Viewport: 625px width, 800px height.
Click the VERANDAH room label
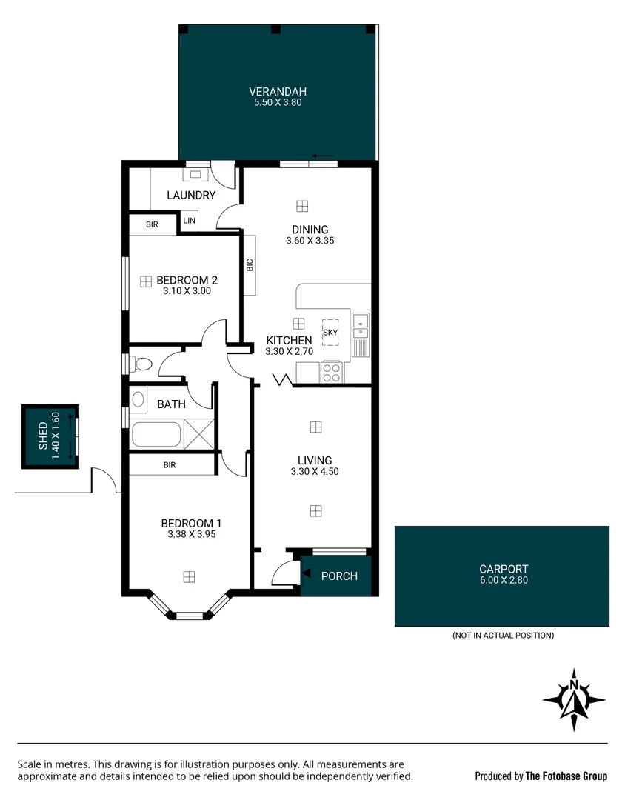pos(275,93)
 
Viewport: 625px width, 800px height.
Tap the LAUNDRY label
pos(191,196)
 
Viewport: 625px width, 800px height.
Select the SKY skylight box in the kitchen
pos(330,333)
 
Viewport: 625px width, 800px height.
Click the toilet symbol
pos(141,364)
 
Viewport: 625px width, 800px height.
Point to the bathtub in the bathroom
pos(156,434)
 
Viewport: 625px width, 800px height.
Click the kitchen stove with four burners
pos(331,372)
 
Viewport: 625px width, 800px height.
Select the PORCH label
pos(339,576)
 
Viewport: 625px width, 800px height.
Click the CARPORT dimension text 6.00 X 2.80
pos(502,581)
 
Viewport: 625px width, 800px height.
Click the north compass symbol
pos(574,700)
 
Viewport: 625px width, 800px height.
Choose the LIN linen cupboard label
pos(189,221)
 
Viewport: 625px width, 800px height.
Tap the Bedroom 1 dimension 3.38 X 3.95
pos(191,533)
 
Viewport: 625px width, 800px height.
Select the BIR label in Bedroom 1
pos(170,464)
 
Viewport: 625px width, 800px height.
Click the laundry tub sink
pos(195,175)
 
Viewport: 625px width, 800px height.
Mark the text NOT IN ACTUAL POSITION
pos(503,636)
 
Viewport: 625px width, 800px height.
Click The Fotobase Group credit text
pos(566,776)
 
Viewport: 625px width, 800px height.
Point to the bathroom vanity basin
pos(138,400)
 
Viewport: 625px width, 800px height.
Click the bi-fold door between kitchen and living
pos(283,381)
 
